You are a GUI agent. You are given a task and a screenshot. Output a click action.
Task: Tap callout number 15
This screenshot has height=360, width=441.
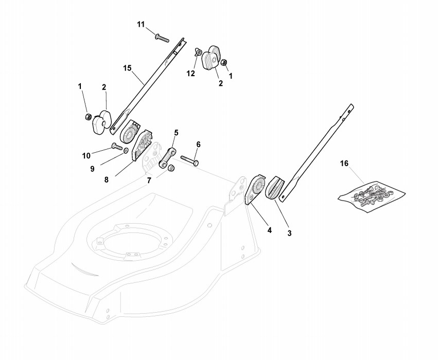point(128,67)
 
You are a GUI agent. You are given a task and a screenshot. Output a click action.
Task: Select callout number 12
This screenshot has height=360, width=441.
point(191,74)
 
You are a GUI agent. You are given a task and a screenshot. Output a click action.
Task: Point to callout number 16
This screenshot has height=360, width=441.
point(344,164)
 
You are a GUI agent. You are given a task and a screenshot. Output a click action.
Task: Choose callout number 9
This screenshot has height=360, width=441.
point(93,168)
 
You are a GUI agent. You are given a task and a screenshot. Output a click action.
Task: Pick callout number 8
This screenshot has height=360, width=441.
point(107,180)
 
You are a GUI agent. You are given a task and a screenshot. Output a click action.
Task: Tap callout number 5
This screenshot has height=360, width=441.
point(176,133)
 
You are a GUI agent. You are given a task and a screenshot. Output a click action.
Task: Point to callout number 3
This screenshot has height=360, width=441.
point(289,233)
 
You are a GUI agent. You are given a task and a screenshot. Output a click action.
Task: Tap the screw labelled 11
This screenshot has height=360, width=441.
point(161,37)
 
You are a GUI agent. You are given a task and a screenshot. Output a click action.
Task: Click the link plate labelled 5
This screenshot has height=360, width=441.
point(167,158)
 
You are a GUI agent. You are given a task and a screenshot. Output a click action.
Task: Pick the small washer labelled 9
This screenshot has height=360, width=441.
point(126,152)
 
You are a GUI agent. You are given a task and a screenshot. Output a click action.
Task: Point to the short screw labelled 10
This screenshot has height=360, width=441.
point(116,148)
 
